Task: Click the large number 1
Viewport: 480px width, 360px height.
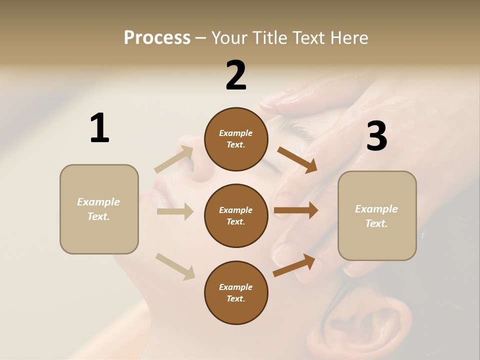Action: click(x=99, y=128)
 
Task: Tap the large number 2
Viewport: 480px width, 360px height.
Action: click(x=236, y=75)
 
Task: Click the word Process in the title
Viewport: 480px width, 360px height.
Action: click(x=157, y=37)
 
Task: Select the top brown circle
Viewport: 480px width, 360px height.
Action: click(x=236, y=139)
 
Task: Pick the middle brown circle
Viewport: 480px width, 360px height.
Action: click(x=236, y=215)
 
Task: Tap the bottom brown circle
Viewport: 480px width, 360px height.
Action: click(x=236, y=292)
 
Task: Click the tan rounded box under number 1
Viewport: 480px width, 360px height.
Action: click(x=99, y=209)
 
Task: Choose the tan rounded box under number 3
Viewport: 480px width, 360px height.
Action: click(x=377, y=215)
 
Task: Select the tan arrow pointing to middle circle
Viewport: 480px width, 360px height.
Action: click(x=175, y=211)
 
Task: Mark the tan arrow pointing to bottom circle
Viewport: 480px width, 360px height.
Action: click(x=175, y=266)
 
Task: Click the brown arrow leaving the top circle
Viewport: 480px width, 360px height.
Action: click(x=297, y=160)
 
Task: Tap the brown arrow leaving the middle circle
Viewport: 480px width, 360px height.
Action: click(x=296, y=210)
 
